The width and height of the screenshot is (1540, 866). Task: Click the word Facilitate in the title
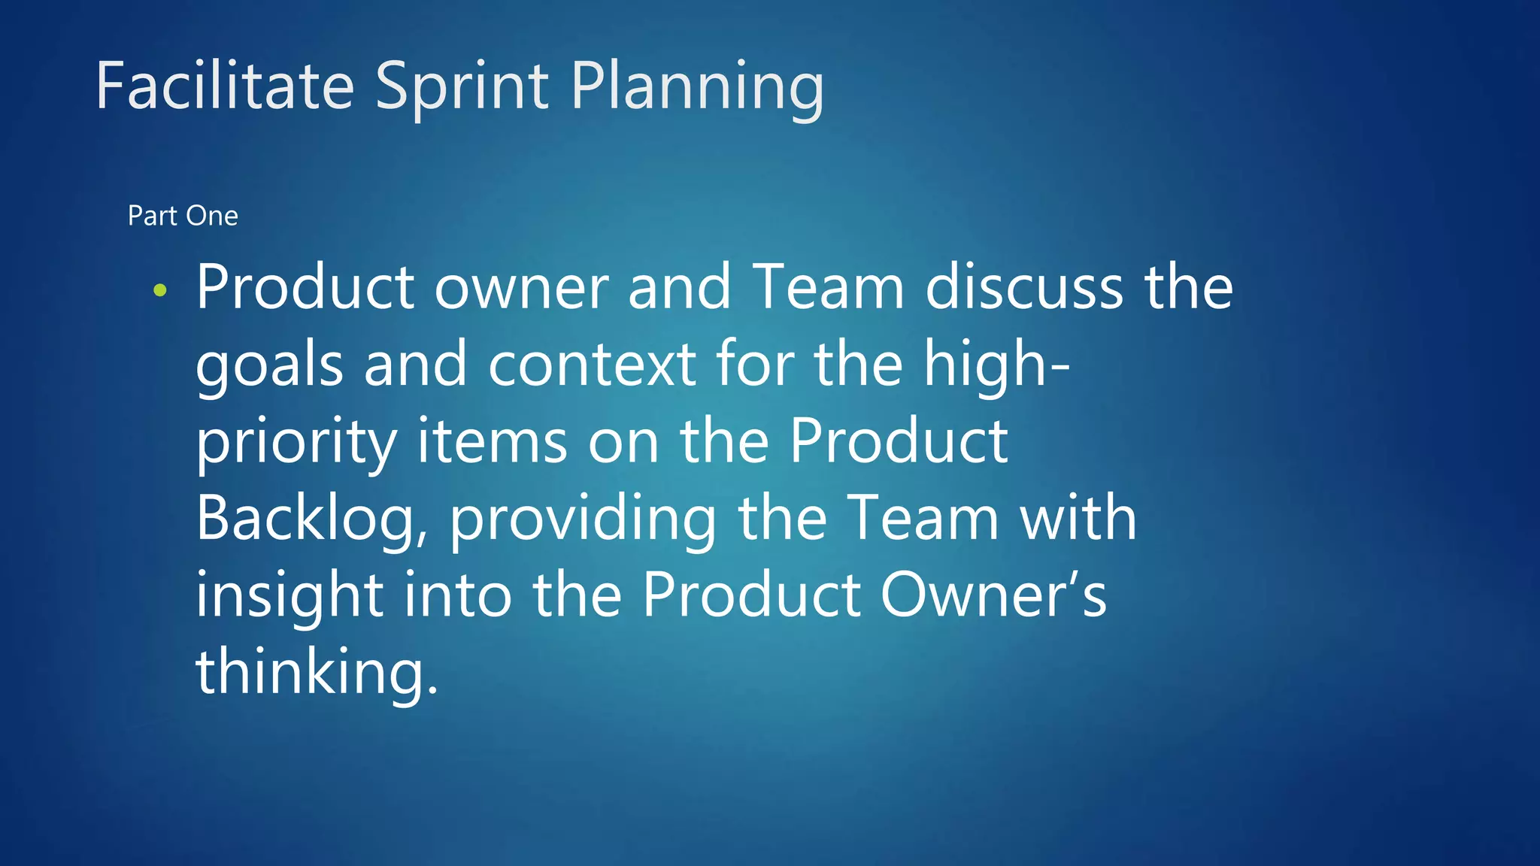(225, 86)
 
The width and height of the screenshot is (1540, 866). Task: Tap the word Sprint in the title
(462, 87)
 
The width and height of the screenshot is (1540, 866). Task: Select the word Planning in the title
(697, 87)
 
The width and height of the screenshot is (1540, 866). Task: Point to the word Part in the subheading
(153, 216)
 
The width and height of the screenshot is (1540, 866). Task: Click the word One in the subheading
(212, 216)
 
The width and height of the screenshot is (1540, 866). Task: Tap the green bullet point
(159, 289)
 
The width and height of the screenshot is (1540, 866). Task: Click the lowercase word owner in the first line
(521, 287)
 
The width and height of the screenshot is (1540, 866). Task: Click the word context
(592, 365)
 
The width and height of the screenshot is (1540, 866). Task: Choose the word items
(492, 442)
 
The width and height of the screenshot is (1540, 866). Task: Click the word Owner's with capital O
(993, 595)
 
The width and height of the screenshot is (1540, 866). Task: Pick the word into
(457, 595)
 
